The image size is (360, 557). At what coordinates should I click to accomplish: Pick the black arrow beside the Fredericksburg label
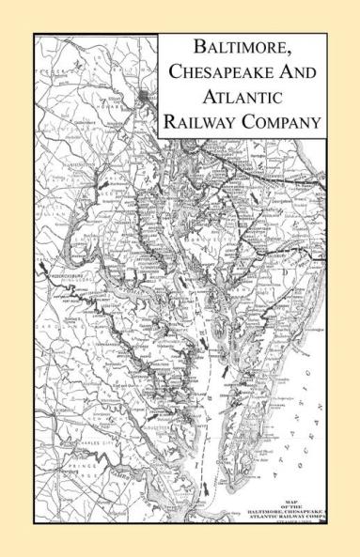pyautogui.click(x=42, y=271)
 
